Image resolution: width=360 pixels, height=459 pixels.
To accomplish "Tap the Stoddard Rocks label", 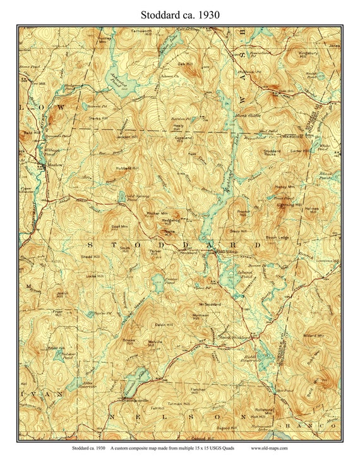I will [272, 153].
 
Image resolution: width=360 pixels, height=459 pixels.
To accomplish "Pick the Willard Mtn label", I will [313, 336].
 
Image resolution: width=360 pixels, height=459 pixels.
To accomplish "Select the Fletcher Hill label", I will [197, 389].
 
